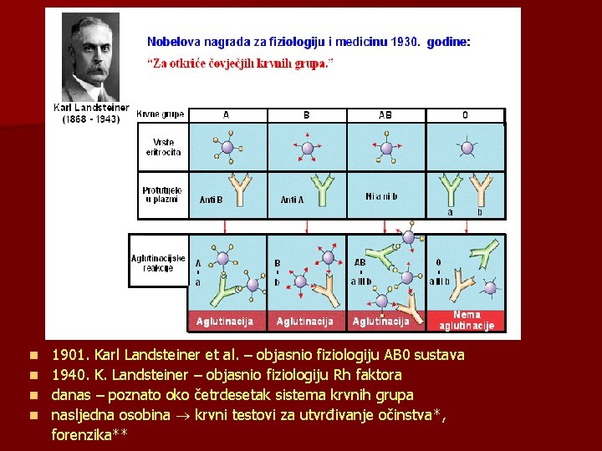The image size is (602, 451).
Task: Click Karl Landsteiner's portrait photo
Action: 91,58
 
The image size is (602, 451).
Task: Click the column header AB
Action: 385,115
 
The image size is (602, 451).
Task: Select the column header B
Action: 306,115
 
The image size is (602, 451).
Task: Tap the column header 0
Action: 465,115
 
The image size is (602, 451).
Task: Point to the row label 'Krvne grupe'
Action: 161,114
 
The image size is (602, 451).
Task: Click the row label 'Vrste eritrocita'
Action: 163,147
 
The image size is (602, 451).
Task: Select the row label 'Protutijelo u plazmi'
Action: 161,195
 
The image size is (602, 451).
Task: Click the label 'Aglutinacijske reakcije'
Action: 158,263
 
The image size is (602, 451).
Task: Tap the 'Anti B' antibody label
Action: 212,200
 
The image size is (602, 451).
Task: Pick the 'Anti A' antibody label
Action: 293,200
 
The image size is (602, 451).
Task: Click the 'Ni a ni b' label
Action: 381,196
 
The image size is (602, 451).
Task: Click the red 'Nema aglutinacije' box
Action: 467,320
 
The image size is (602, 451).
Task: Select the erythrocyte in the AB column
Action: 386,149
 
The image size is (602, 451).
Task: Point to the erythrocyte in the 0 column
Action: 465,149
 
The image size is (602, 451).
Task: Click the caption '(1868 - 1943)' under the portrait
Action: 91,119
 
